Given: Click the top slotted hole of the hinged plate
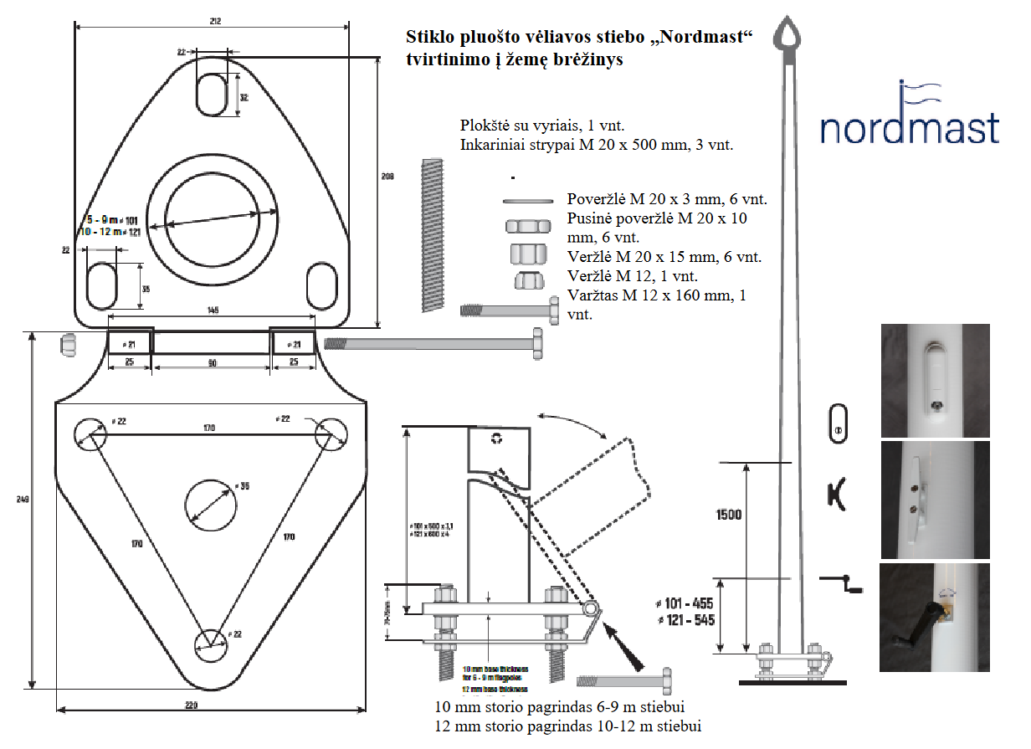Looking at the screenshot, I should [211, 94].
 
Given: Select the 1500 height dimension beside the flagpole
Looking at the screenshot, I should [728, 515].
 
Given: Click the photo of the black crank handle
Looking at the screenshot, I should [934, 618].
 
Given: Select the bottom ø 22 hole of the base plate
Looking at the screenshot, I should [210, 641].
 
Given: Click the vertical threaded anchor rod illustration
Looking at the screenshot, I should [432, 234].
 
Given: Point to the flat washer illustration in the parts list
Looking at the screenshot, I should [528, 201].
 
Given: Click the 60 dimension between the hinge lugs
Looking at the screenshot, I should [212, 362].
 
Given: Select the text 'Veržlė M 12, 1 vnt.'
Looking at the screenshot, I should [633, 276].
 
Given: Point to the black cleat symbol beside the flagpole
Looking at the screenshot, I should [837, 495].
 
